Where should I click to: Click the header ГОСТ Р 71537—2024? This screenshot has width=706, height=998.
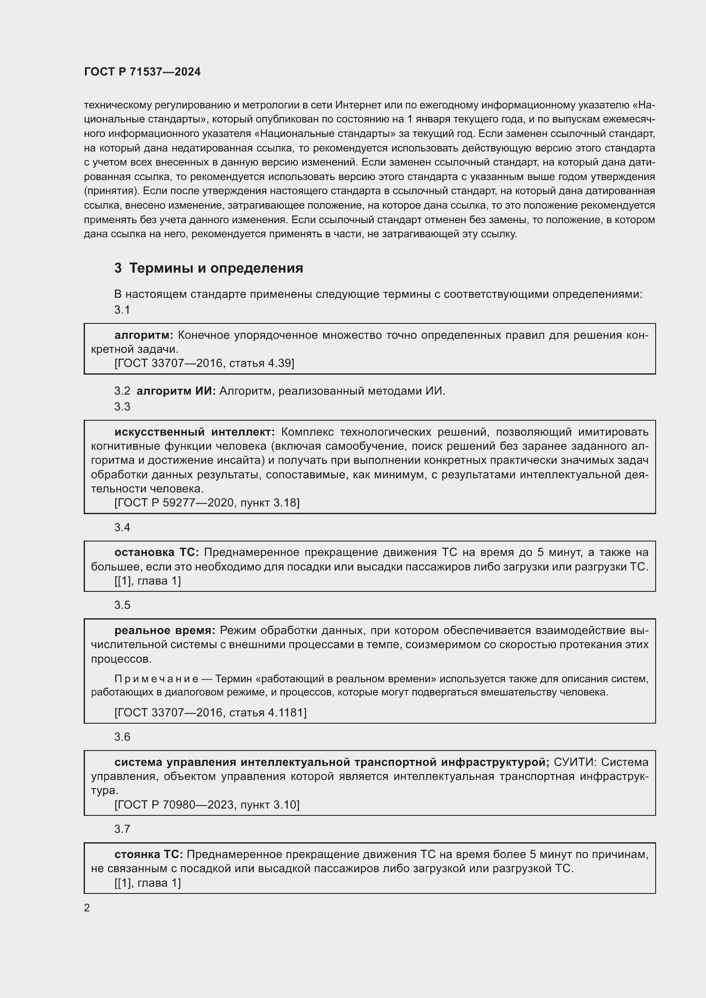point(142,72)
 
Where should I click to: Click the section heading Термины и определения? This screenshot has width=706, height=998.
point(216,268)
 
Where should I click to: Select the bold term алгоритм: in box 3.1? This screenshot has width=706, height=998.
point(143,335)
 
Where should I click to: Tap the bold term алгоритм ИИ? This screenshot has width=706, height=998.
point(176,391)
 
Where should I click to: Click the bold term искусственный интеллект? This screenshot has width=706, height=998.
point(194,432)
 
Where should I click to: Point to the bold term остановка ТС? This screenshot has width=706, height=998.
point(157,553)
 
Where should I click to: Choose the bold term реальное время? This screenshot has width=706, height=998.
point(165,630)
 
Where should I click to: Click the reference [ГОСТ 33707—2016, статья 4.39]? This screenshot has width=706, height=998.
point(204,363)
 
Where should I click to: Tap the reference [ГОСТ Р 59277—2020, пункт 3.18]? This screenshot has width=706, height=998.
point(207,503)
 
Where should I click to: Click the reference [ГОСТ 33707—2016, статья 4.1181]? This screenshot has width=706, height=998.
point(210,713)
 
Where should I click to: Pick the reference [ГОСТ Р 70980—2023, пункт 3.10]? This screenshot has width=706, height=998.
point(207,805)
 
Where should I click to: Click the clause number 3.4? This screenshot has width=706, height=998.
point(122,527)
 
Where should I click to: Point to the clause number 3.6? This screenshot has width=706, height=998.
point(122,737)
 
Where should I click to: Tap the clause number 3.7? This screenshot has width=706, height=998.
point(122,829)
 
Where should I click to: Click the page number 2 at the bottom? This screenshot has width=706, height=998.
point(87,908)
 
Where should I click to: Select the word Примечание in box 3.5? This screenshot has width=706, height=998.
point(157,679)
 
